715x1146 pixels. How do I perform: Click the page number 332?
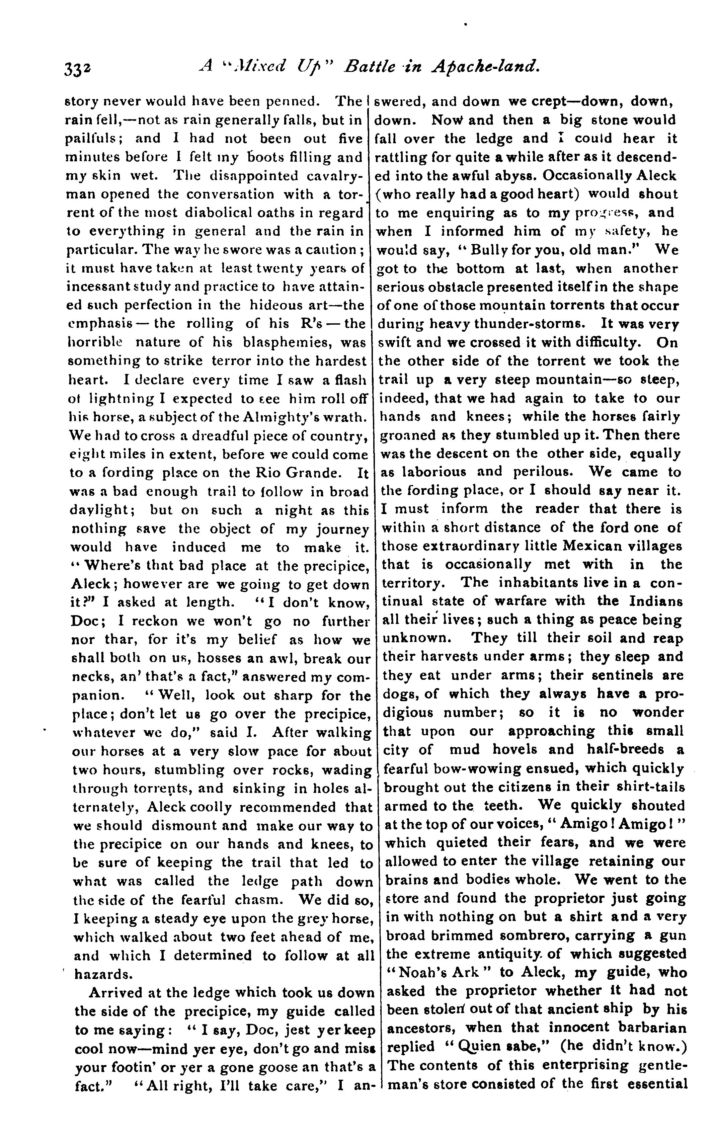click(79, 69)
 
